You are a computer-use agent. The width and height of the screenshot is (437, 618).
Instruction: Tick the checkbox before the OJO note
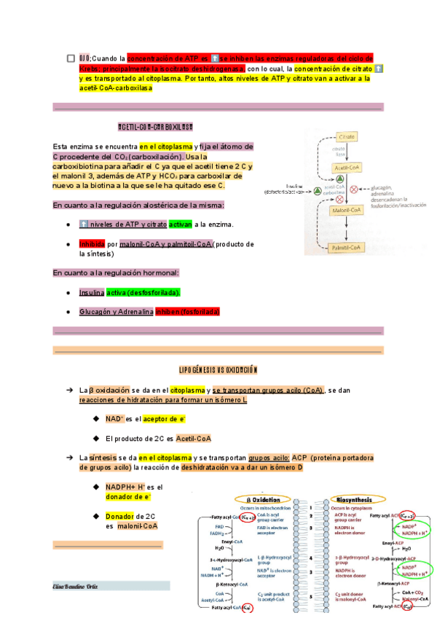click(x=70, y=58)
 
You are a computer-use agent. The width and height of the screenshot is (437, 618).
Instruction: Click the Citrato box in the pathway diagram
click(x=347, y=137)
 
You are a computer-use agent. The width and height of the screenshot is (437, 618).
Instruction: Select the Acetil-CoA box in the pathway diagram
click(x=347, y=168)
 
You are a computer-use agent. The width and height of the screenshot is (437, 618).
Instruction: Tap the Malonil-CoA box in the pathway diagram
click(x=347, y=210)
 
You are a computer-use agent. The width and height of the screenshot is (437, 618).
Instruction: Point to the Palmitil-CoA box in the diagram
click(x=347, y=248)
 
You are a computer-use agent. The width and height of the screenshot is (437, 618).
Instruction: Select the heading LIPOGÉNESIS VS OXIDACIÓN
click(x=219, y=369)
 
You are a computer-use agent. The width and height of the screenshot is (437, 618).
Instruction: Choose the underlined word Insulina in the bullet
click(x=91, y=292)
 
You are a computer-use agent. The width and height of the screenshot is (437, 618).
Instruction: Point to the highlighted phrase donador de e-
click(x=128, y=496)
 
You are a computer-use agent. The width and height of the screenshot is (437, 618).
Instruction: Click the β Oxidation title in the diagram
click(x=262, y=500)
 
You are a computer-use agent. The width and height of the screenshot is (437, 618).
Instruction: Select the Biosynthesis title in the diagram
click(x=353, y=500)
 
